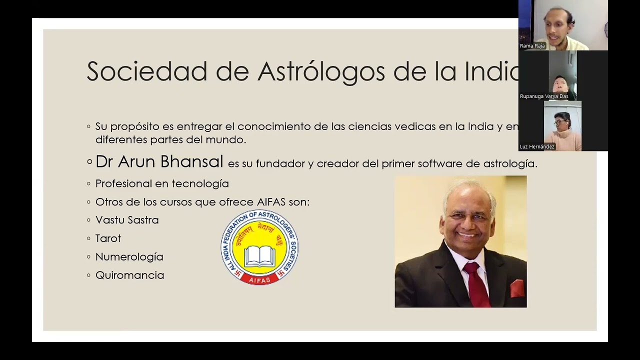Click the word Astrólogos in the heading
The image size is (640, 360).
(x=321, y=71)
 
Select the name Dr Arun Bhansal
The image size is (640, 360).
(x=159, y=161)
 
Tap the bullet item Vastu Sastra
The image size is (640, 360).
(x=127, y=220)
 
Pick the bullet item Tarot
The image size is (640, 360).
(x=108, y=238)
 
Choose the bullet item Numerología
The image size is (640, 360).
(x=129, y=257)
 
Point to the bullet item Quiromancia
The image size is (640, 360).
(x=129, y=275)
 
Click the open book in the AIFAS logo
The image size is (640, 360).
(x=259, y=255)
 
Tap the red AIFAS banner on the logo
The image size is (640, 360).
(x=259, y=280)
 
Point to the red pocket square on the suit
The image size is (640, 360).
(x=516, y=288)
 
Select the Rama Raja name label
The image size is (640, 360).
(x=532, y=46)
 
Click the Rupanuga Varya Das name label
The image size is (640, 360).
(x=544, y=96)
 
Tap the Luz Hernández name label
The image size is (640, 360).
(x=537, y=146)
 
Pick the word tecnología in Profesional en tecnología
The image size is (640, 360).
(x=200, y=183)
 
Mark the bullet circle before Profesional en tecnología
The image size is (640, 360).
(x=89, y=183)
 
